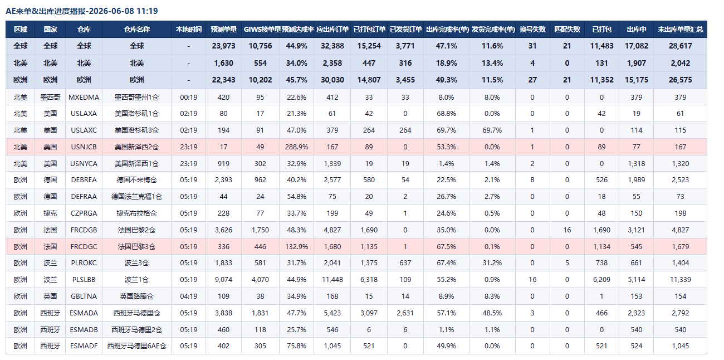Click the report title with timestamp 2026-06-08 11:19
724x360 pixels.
82,11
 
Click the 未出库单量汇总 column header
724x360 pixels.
680,30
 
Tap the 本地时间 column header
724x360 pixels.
188,30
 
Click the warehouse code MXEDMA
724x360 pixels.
84,98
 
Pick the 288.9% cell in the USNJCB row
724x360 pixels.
296,147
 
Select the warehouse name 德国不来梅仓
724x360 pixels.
136,180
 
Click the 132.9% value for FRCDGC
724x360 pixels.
296,246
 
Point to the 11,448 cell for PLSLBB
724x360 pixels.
332,279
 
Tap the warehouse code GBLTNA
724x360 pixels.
84,296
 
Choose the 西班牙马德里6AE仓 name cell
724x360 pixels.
136,346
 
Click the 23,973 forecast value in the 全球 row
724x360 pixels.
224,46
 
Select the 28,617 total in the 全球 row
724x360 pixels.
681,46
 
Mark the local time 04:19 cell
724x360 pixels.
188,296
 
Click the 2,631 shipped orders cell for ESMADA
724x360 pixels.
405,313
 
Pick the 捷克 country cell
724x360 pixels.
50,213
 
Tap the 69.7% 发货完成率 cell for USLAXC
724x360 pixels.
492,130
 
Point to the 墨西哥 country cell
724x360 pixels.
50,98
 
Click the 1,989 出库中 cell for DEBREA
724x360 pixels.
636,180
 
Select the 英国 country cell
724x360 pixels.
50,296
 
